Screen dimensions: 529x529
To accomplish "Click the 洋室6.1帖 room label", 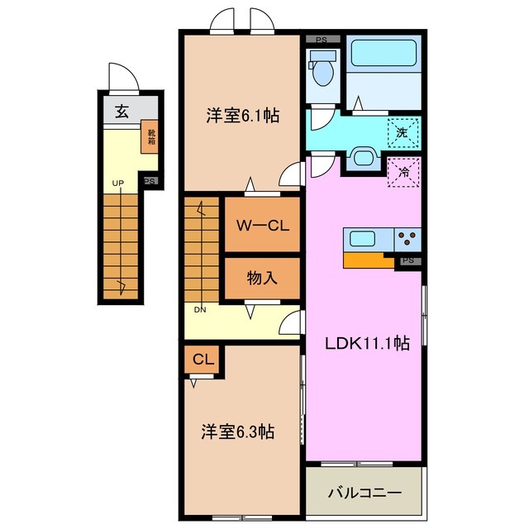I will [241, 117].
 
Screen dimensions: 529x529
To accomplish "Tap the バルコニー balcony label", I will [364, 493].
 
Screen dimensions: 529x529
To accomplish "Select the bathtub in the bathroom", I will [384, 55].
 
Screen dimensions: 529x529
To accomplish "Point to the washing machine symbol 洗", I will [402, 131].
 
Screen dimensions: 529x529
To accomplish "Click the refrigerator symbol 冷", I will [404, 174].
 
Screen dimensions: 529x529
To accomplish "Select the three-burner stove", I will [407, 240].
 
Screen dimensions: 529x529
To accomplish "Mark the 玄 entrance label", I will [121, 112].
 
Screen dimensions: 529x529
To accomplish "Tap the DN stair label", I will [200, 310].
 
